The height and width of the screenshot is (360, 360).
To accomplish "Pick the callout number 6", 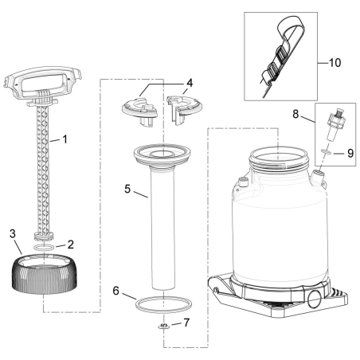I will tap(116, 292).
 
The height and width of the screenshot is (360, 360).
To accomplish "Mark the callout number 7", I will tap(188, 323).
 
